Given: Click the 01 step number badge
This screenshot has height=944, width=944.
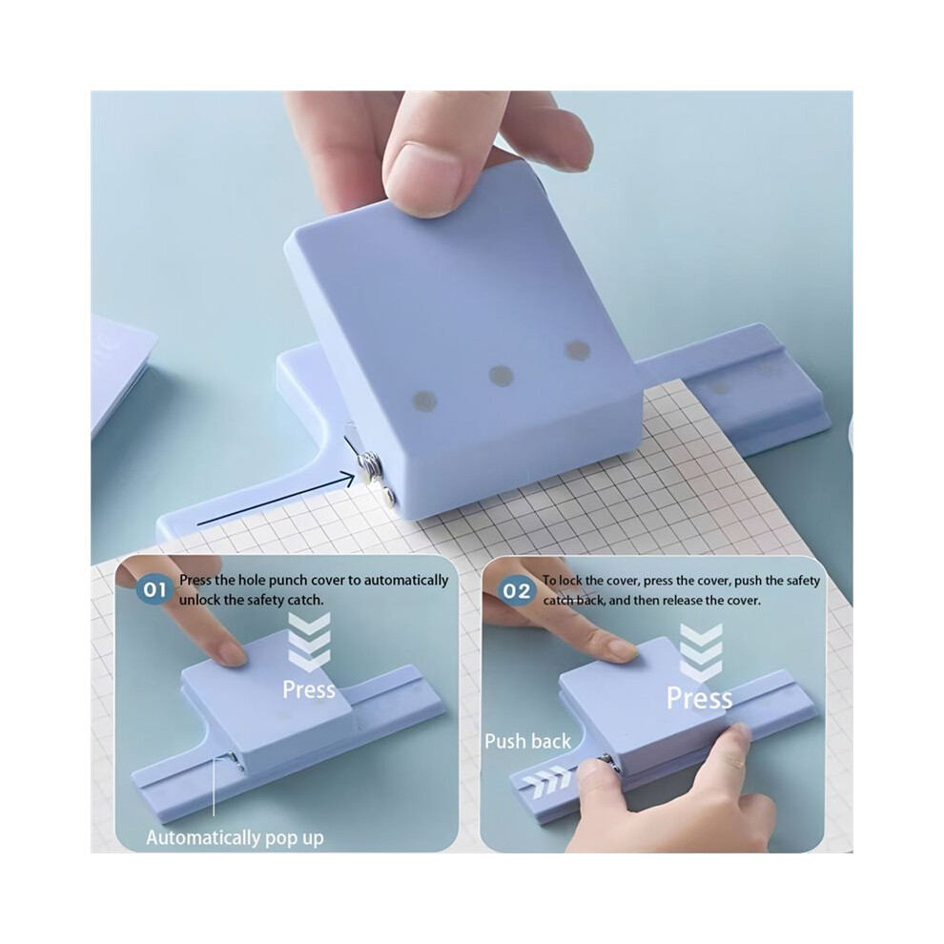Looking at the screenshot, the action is (x=154, y=589).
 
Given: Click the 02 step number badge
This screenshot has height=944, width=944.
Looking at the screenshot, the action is (x=517, y=590).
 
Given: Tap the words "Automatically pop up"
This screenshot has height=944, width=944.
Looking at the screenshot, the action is (x=235, y=838).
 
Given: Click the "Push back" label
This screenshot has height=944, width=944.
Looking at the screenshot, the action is (x=527, y=741).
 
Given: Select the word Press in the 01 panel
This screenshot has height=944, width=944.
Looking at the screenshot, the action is (x=309, y=689).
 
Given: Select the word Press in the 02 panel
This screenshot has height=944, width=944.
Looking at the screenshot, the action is (x=700, y=698).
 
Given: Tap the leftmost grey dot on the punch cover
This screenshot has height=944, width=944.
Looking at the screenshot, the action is (x=423, y=400).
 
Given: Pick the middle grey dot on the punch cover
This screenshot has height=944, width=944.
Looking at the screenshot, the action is (x=501, y=377).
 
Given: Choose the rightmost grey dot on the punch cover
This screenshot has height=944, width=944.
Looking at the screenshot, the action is (x=577, y=349).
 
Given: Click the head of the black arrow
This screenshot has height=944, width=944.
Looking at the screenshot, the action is (x=348, y=477).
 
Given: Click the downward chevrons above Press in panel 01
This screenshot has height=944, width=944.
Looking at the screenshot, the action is (x=308, y=643).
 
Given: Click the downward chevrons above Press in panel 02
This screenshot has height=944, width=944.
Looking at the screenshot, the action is (x=701, y=653).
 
